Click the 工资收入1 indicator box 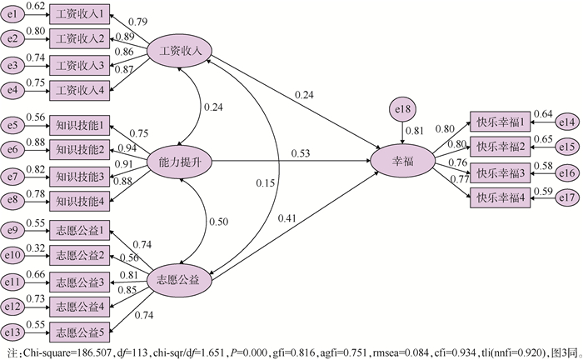click(x=79, y=15)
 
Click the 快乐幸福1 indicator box click(x=500, y=122)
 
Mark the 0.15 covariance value click(x=264, y=182)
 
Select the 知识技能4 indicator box click(x=79, y=199)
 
